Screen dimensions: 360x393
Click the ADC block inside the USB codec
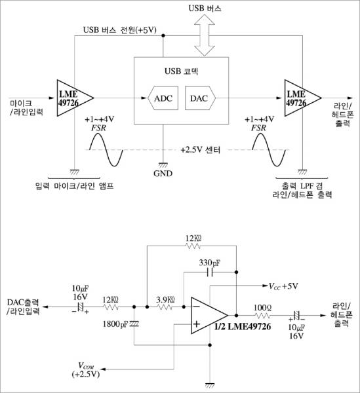tap(163, 98)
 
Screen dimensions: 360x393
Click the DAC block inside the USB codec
tap(200, 98)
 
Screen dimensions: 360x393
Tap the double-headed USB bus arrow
tap(205, 35)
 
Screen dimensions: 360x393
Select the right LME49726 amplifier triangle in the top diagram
tap(302, 98)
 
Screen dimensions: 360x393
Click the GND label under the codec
tap(163, 174)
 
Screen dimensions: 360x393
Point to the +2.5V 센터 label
tap(200, 150)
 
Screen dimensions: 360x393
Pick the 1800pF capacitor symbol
tap(134, 324)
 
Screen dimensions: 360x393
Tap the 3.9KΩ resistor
tap(165, 307)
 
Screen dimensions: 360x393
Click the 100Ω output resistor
tap(263, 315)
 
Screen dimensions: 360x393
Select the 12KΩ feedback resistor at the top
tap(193, 246)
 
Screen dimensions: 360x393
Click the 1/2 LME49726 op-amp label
tap(243, 326)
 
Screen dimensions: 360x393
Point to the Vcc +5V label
tap(283, 286)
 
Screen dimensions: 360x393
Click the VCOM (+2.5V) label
tap(86, 370)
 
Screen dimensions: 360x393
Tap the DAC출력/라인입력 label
tap(24, 307)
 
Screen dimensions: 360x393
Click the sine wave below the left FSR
tap(106, 149)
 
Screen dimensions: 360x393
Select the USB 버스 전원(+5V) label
tap(120, 30)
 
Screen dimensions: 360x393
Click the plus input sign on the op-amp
tap(197, 324)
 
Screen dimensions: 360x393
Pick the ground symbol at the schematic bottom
tap(210, 386)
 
